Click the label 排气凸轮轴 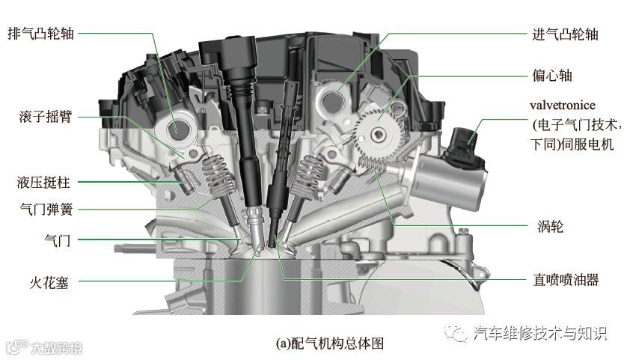point(41,33)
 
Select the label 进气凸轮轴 point(565,34)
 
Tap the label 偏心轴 point(552,75)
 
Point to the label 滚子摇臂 point(45,117)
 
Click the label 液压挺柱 point(43,183)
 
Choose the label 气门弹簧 point(46,209)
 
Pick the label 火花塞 point(49,283)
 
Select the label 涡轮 point(550,226)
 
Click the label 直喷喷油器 point(566,280)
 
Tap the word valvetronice point(563,106)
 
